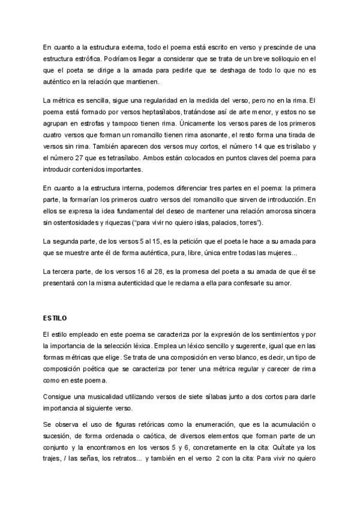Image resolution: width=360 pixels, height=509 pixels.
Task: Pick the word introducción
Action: (280, 200)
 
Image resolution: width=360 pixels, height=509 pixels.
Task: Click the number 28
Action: (141, 274)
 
